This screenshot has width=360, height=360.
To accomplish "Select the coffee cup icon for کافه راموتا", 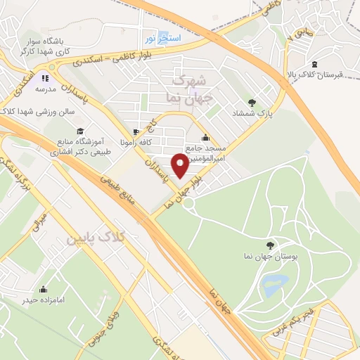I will click(x=136, y=131).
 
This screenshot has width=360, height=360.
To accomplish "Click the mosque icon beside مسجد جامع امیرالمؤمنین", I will click(x=205, y=137).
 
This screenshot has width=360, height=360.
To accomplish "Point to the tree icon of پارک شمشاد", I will click(x=252, y=103).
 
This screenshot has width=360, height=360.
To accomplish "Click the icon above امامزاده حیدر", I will click(x=44, y=289).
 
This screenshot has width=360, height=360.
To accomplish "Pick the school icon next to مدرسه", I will click(x=45, y=79).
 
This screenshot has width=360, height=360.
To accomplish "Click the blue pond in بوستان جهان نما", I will click(x=274, y=285).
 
